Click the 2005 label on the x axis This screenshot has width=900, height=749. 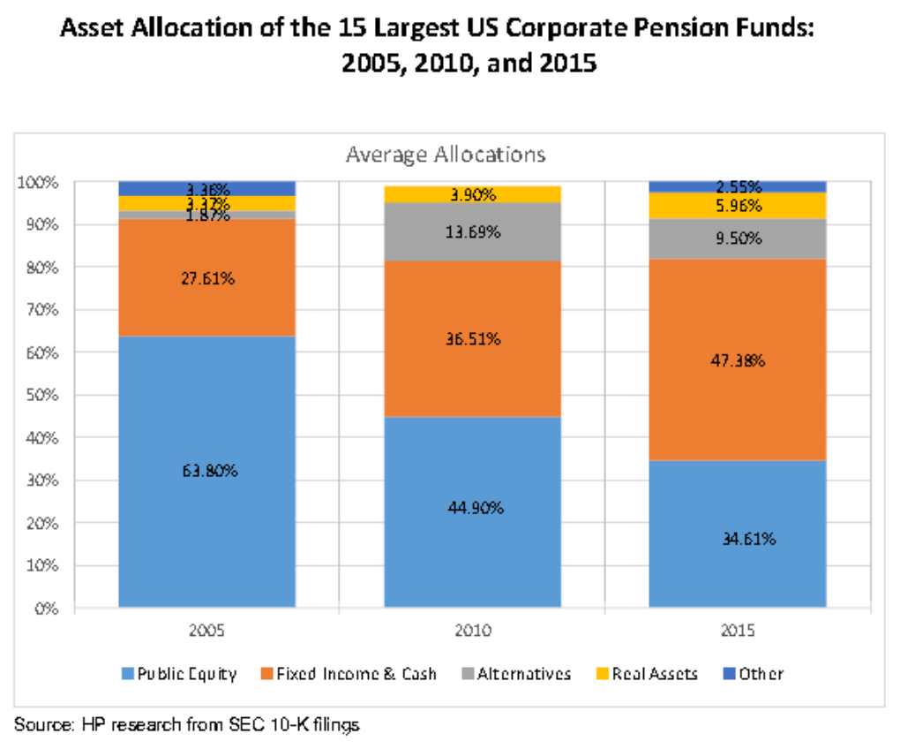(206, 632)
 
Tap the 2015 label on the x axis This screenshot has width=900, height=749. (738, 632)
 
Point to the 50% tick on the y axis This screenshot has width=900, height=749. (41, 395)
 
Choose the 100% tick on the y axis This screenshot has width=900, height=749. (38, 182)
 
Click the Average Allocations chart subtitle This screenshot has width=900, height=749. (446, 155)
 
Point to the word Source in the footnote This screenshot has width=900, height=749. (34, 725)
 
